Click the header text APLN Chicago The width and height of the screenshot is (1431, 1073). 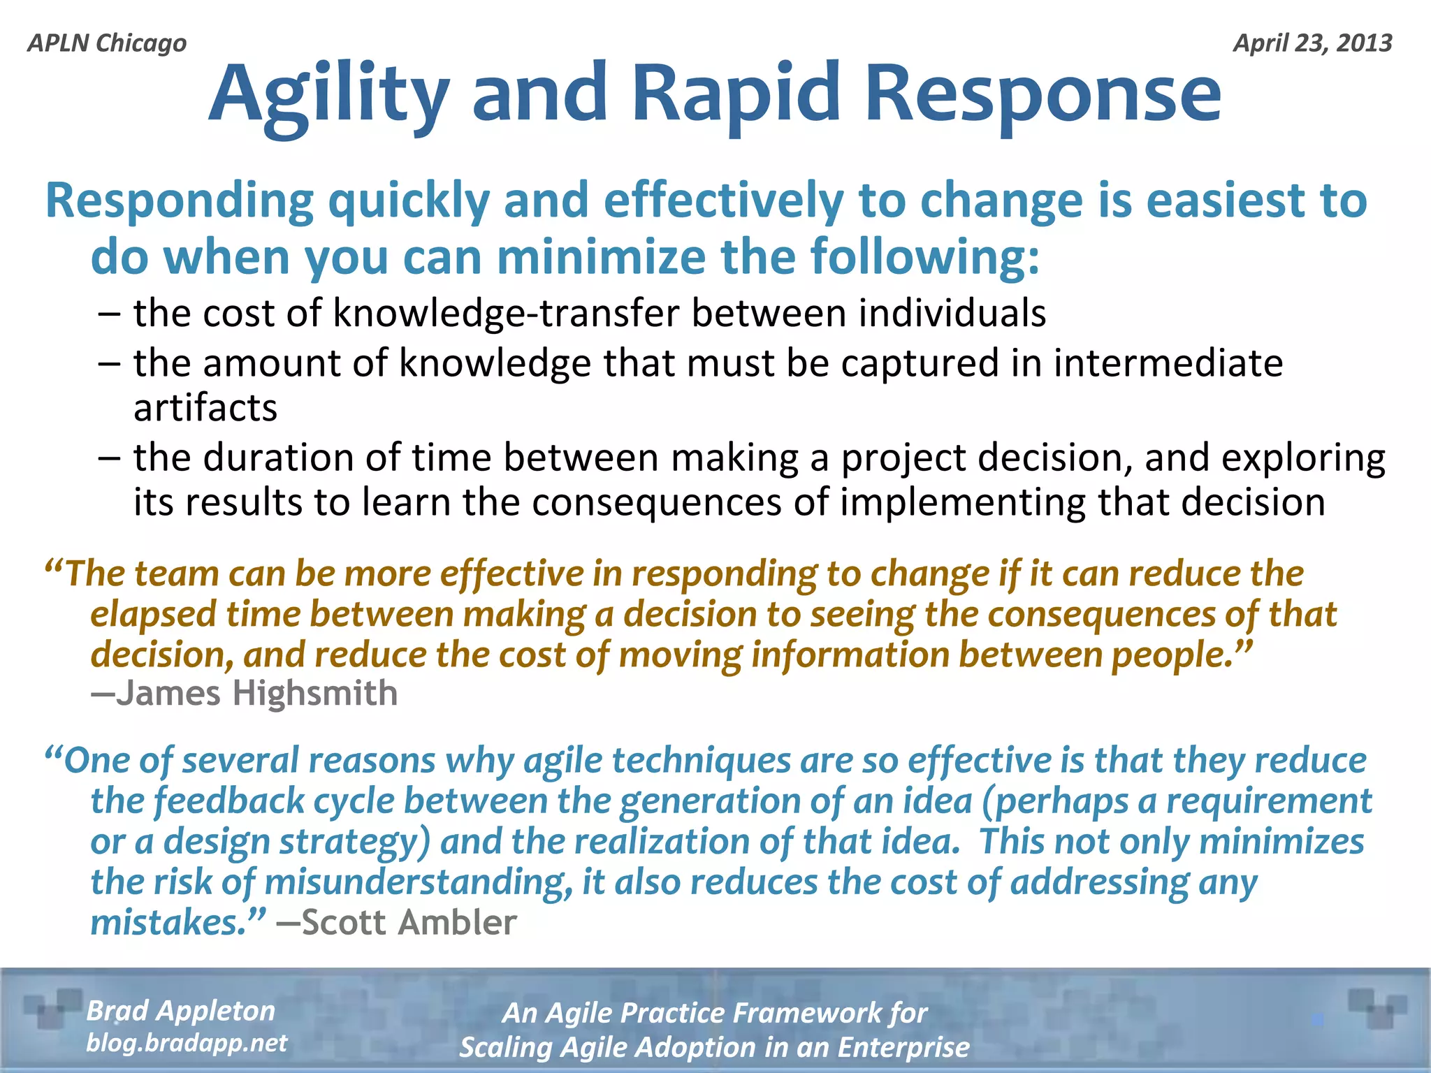[107, 43]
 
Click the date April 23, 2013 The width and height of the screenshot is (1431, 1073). [1312, 43]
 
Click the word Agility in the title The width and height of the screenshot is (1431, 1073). [328, 94]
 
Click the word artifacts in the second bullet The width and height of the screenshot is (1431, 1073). [205, 407]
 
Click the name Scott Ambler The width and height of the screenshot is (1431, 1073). [409, 922]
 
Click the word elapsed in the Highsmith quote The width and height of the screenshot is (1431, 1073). [154, 615]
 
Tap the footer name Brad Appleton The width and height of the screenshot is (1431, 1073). [180, 1010]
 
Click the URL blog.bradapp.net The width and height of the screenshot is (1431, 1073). [187, 1043]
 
